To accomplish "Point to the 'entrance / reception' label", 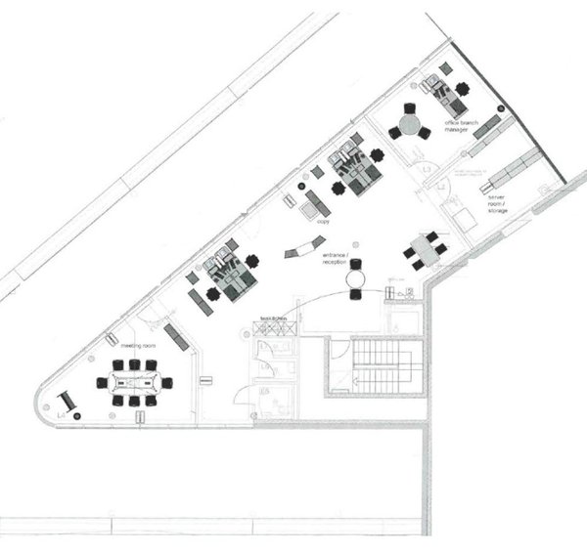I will (336, 259).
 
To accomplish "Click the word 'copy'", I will (324, 222).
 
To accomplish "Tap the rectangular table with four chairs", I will (426, 249).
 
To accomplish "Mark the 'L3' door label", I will (428, 171).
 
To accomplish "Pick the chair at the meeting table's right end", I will (167, 382).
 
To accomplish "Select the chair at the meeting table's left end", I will (102, 382).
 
